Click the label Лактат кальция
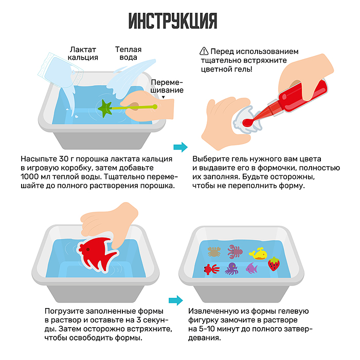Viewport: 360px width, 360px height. pyautogui.click(x=83, y=53)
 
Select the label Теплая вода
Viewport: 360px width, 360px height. pyautogui.click(x=128, y=54)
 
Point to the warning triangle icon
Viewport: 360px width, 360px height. pyautogui.click(x=204, y=51)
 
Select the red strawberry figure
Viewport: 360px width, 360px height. pyautogui.click(x=274, y=264)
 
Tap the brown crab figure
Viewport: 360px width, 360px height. pyautogui.click(x=213, y=251)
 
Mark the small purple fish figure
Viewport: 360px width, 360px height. pyautogui.click(x=251, y=268)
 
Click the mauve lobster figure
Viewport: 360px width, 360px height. pyautogui.click(x=236, y=251)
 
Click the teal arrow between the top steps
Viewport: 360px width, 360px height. pyautogui.click(x=180, y=147)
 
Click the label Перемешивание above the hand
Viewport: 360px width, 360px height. pyautogui.click(x=167, y=86)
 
